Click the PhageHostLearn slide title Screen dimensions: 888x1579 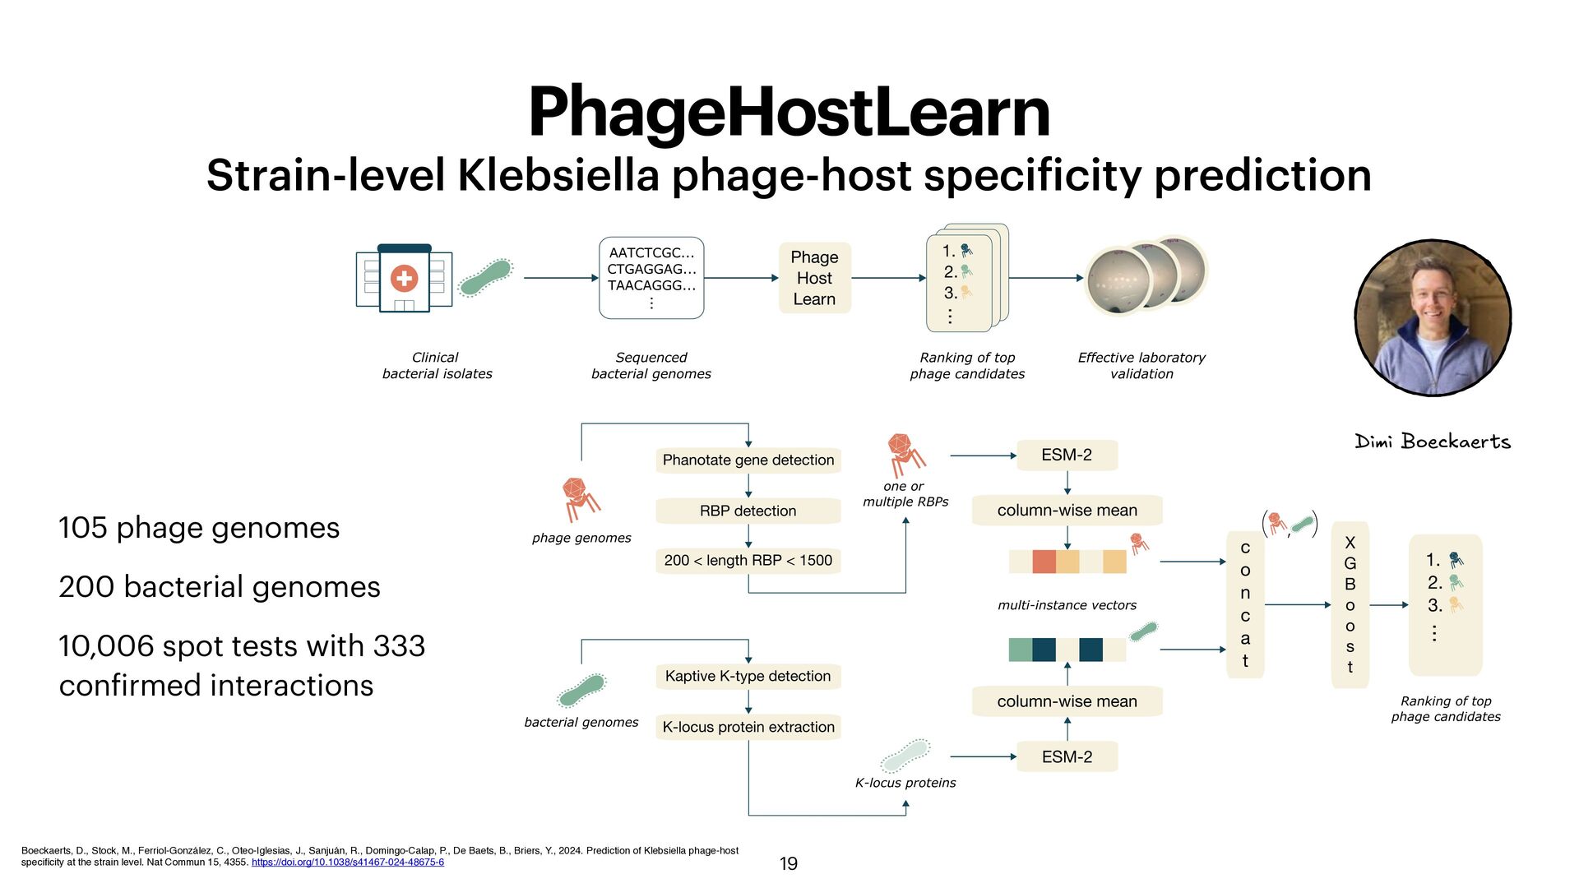789,113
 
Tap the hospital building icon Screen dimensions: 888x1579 404,279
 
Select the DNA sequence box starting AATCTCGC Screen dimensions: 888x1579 651,278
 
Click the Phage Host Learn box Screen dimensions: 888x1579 814,278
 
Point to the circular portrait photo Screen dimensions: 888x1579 1433,317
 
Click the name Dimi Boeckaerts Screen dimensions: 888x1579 1433,442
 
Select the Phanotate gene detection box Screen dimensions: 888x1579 748,460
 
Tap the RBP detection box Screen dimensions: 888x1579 748,511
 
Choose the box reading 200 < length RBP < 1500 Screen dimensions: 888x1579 748,561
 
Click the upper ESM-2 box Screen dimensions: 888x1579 1067,455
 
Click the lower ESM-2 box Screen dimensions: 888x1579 1067,756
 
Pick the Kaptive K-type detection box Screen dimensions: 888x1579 748,676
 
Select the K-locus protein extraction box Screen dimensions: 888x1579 748,727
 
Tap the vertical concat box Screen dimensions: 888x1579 1245,605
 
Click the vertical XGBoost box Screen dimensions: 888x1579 1350,605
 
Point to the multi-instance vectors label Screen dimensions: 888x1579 1067,605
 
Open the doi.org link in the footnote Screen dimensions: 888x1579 347,863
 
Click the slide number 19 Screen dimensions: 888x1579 788,863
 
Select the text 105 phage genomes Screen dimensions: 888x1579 199,528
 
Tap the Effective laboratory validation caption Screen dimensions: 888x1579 1141,365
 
